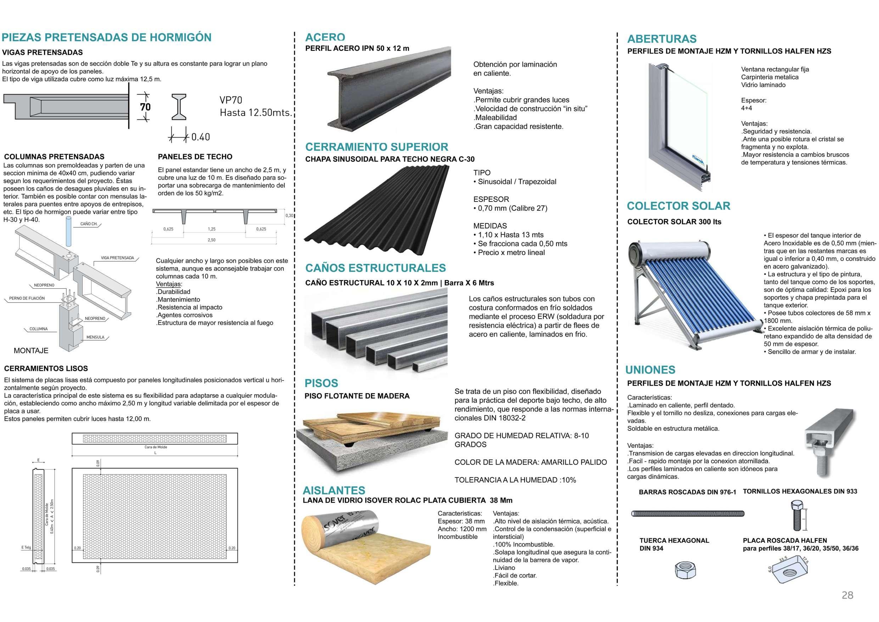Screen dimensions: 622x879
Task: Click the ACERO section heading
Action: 325,37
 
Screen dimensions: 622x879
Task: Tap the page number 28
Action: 847,595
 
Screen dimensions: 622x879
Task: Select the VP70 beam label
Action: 230,100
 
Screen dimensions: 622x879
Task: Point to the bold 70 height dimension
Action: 145,107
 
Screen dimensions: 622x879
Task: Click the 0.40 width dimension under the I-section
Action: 200,137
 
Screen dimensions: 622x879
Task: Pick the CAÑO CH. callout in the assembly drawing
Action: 89,224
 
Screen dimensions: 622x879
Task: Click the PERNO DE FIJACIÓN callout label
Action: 27,298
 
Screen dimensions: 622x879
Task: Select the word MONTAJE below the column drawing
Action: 31,350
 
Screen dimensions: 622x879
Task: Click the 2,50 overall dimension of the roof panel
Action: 211,240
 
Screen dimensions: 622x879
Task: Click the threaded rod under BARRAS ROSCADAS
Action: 688,513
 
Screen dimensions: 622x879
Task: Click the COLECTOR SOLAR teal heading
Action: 678,206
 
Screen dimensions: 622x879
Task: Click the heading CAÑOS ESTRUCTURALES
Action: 376,268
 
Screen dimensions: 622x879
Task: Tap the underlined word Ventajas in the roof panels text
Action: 168,284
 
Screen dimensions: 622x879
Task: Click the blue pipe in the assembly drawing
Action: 68,231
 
